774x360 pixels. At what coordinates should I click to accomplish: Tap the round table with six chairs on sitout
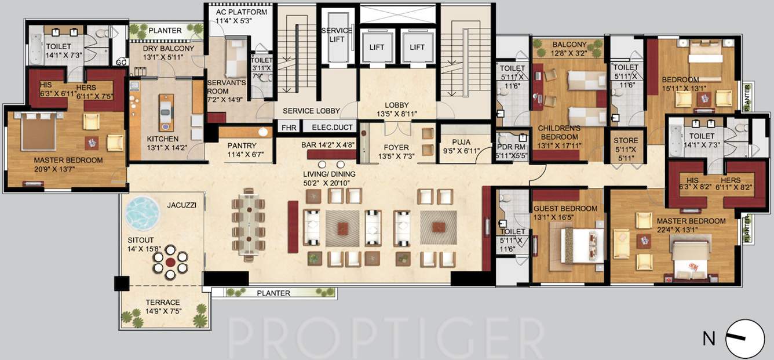[170, 262]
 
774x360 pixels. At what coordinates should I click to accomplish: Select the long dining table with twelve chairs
[249, 225]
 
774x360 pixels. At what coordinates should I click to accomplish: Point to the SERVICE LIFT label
[337, 34]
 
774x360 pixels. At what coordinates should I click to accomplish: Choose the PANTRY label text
[242, 146]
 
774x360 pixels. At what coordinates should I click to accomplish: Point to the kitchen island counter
[166, 112]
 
